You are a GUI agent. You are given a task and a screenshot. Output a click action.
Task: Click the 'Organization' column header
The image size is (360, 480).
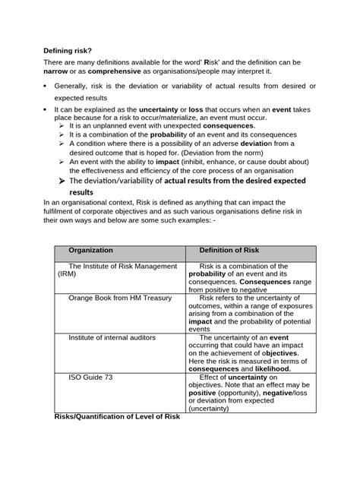click(90, 250)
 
